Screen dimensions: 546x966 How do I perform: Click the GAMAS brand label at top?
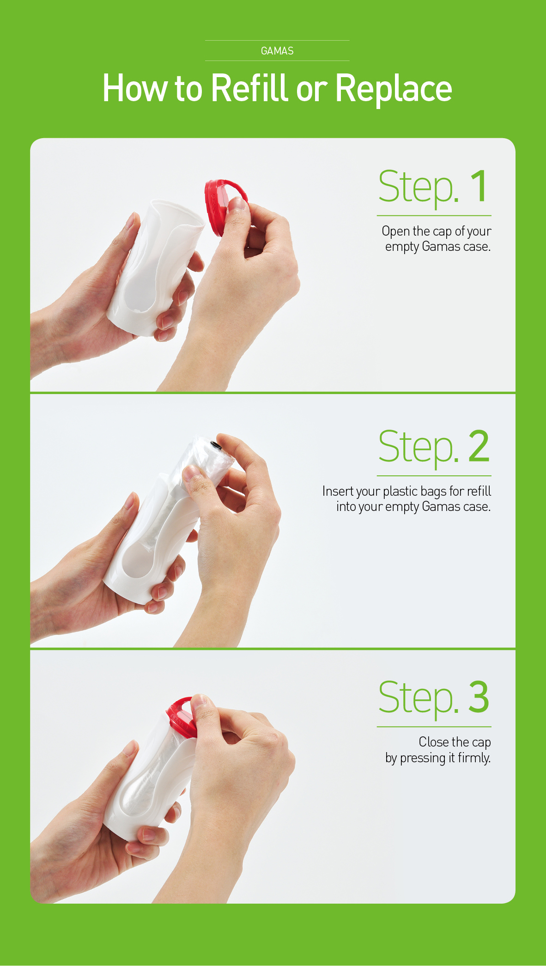[277, 51]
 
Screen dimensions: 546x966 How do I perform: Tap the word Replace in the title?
[394, 89]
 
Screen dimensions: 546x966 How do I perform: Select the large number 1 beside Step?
[479, 186]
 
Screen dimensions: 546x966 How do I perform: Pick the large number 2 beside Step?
[479, 446]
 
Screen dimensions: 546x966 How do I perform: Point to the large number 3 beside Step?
[479, 697]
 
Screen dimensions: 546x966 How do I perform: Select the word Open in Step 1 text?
[396, 231]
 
